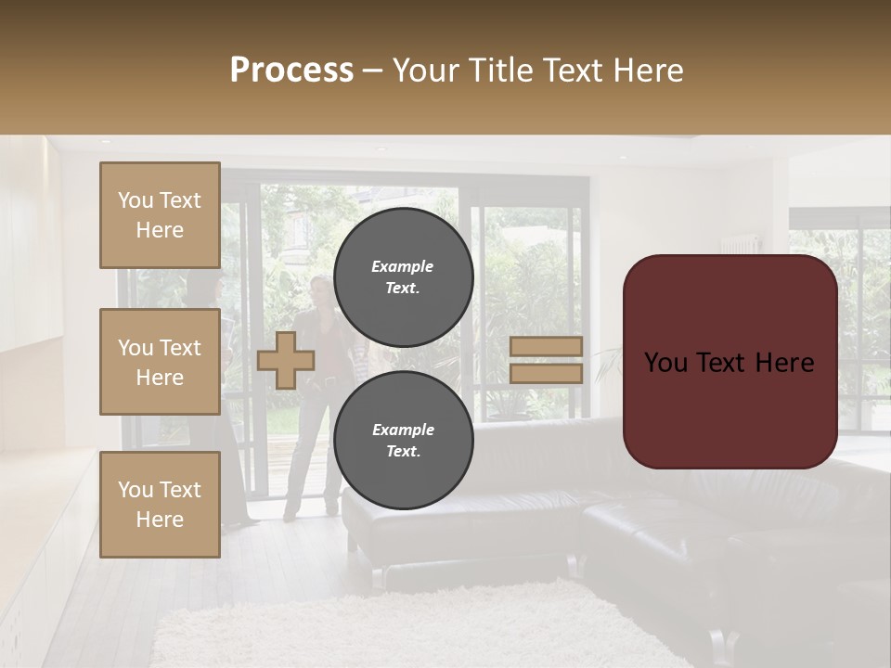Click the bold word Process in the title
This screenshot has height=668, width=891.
click(291, 71)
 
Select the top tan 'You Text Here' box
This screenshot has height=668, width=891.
click(160, 215)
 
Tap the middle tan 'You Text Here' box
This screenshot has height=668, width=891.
click(160, 362)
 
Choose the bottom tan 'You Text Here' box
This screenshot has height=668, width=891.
click(160, 505)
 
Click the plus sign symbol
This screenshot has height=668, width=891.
click(285, 360)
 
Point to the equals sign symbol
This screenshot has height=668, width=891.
click(546, 360)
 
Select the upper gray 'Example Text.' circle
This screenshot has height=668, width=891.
click(403, 276)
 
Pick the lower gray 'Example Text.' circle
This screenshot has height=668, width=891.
click(403, 441)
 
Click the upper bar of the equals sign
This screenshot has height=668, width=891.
click(546, 347)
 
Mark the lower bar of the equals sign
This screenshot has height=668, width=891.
click(546, 373)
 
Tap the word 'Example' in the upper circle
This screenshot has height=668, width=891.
click(403, 266)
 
